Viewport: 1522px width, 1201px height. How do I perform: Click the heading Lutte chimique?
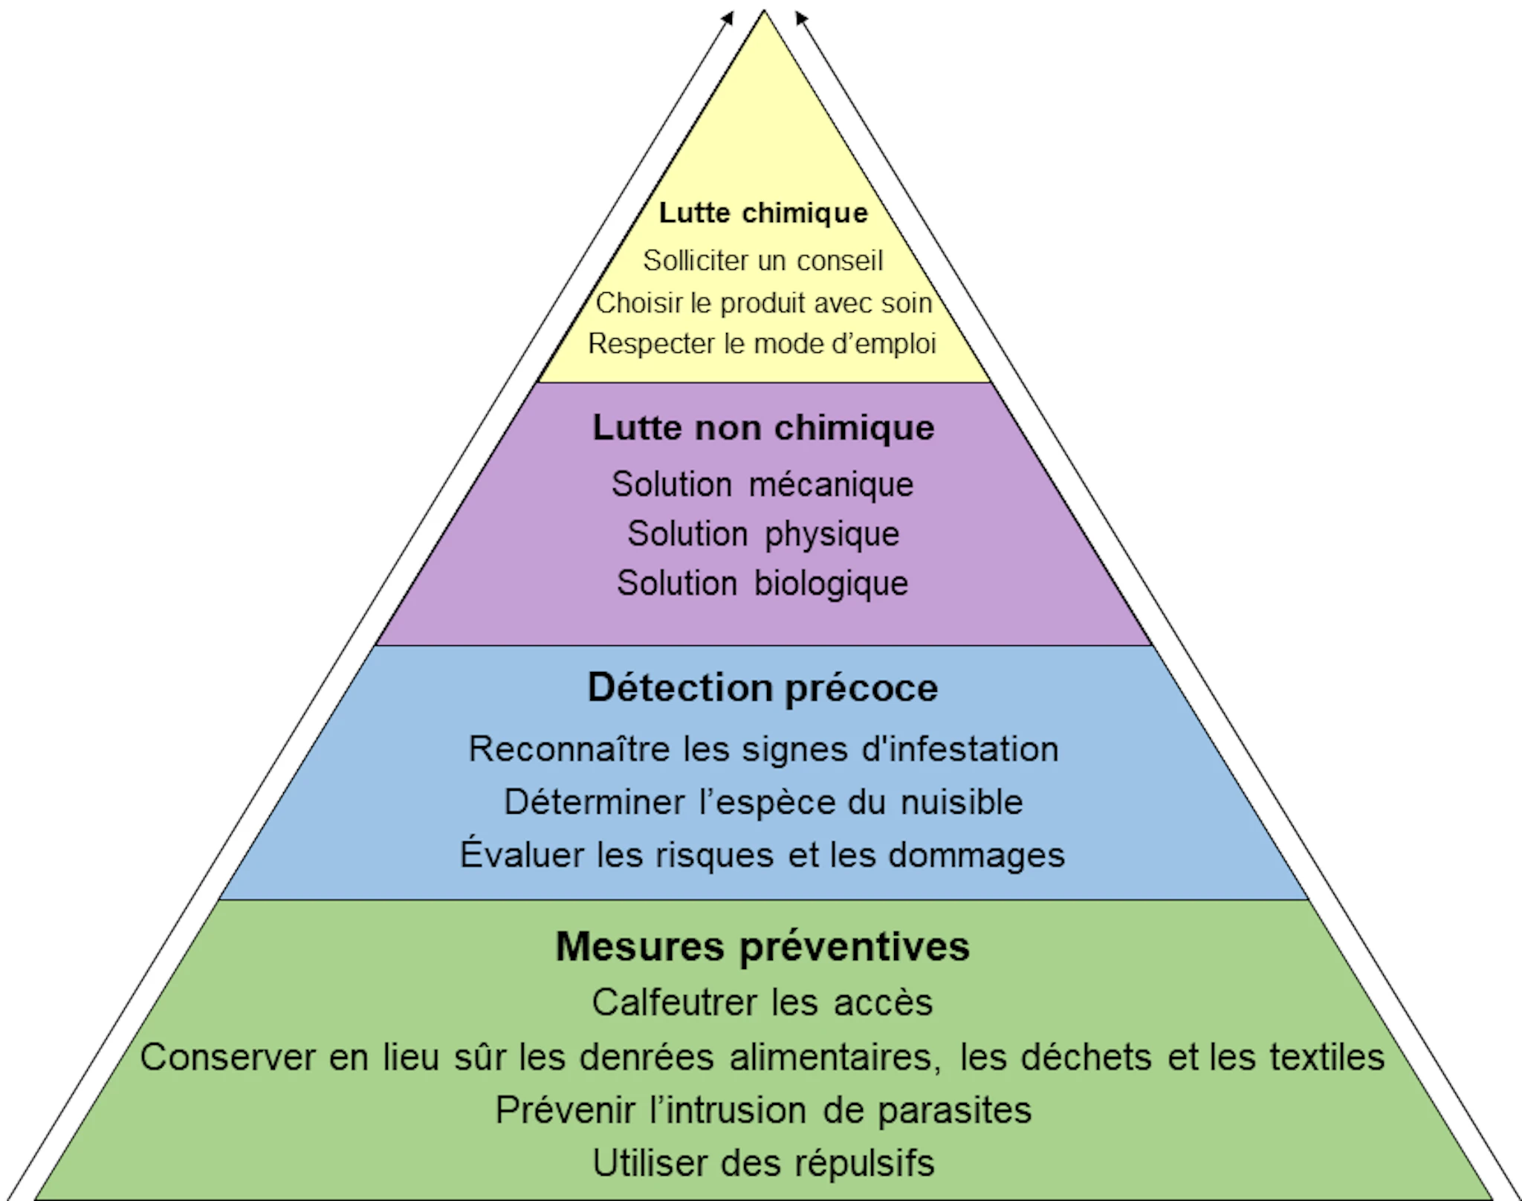click(x=763, y=214)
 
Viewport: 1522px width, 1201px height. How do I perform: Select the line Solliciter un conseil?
click(x=763, y=261)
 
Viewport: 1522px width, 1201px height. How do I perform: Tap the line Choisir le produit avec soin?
click(x=763, y=303)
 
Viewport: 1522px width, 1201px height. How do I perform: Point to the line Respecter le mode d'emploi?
click(x=762, y=344)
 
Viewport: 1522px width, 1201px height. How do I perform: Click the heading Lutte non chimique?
click(x=763, y=428)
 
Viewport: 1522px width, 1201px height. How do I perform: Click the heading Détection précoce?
click(x=762, y=688)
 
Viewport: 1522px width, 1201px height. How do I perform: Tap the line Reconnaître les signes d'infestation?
click(x=763, y=749)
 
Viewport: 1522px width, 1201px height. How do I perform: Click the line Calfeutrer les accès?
click(x=762, y=1003)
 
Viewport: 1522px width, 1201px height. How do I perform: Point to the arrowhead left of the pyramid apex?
click(x=728, y=18)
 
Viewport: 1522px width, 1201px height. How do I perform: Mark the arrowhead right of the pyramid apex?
click(x=801, y=18)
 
